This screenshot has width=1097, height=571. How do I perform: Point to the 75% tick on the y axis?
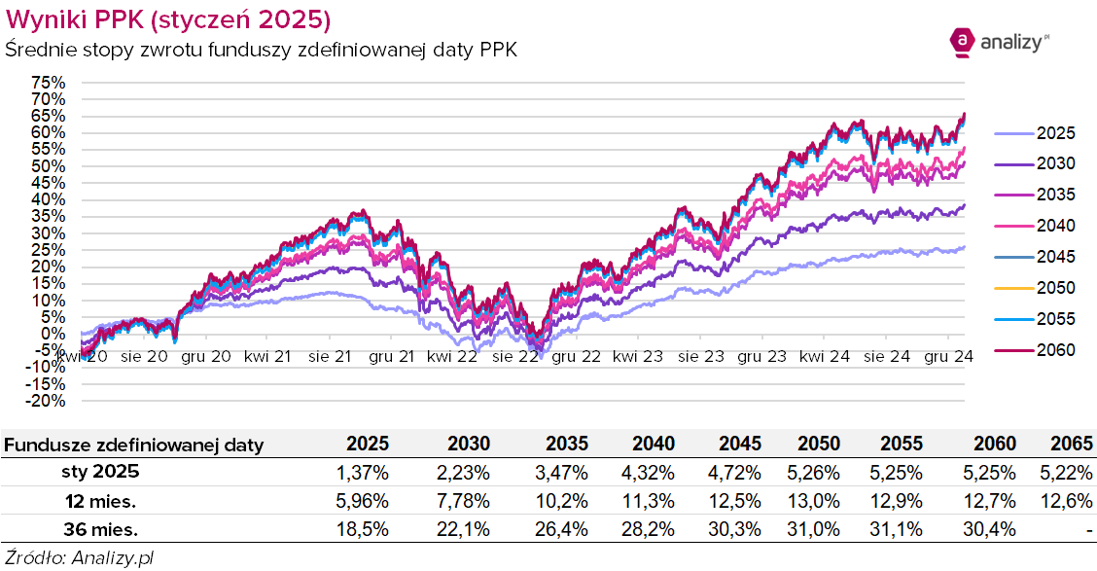[x=49, y=83]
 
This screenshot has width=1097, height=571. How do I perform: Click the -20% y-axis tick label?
[x=45, y=400]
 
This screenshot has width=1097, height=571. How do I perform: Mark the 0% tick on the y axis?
[x=53, y=334]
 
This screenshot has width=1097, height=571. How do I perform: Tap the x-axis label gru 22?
[x=578, y=357]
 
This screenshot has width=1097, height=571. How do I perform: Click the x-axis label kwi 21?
[x=267, y=357]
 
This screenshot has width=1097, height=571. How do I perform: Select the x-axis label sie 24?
[x=887, y=357]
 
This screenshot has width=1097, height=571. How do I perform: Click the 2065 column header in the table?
[x=1074, y=445]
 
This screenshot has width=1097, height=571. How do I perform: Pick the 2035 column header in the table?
[x=566, y=445]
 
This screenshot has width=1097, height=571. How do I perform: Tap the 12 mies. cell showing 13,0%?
[x=819, y=501]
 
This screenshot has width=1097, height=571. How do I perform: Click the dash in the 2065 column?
[x=1091, y=530]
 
